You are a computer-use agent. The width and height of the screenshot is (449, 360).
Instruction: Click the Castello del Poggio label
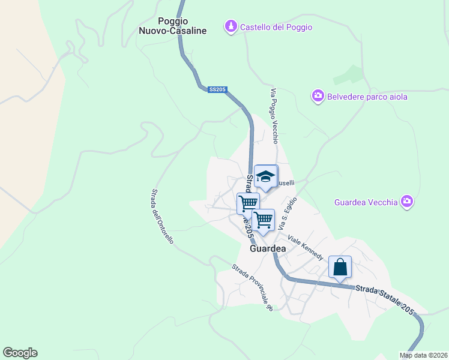click(276, 27)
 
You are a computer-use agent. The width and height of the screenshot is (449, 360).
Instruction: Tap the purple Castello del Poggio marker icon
click(231, 27)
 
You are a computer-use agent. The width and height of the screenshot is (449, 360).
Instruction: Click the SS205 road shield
click(217, 89)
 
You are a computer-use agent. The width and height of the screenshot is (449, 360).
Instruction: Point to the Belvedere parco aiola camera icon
click(318, 96)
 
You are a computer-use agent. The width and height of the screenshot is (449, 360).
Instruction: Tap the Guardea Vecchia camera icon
click(408, 202)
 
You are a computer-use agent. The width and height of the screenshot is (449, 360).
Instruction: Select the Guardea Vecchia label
click(366, 202)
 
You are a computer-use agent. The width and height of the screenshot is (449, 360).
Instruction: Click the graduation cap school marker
click(265, 176)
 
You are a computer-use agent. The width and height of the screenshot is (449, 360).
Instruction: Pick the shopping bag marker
click(340, 267)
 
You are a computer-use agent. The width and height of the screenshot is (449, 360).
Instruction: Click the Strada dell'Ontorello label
click(162, 217)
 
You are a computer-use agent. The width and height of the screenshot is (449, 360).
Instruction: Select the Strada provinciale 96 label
click(253, 287)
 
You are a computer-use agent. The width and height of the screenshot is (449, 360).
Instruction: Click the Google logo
click(20, 353)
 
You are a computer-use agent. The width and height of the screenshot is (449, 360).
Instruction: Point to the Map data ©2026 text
click(423, 355)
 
